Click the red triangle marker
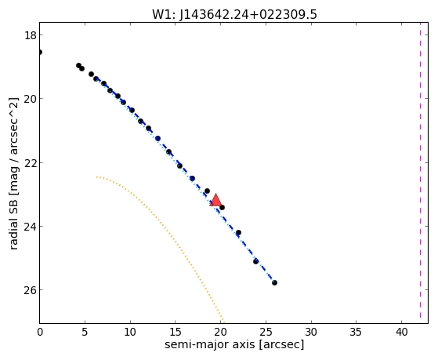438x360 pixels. tap(215, 200)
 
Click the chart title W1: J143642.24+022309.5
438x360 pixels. tap(234, 14)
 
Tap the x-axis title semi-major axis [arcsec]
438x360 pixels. tap(234, 344)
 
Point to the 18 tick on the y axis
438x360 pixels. tap(30, 35)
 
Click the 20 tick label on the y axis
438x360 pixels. tap(30, 99)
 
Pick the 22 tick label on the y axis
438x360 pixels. tap(30, 163)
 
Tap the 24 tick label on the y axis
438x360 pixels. tap(30, 227)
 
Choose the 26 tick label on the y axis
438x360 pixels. tap(30, 290)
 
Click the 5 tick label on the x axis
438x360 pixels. tap(85, 332)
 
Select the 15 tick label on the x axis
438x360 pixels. tap(176, 332)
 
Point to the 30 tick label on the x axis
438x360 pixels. tap(311, 332)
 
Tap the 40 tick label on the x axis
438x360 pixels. tap(401, 332)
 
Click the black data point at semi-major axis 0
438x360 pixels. tap(40, 52)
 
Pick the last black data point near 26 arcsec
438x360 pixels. tap(274, 282)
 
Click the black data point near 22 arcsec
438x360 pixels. tap(238, 232)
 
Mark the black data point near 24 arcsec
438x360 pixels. tap(255, 261)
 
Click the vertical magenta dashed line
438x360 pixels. tap(420, 173)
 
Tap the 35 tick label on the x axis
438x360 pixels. tap(357, 332)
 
